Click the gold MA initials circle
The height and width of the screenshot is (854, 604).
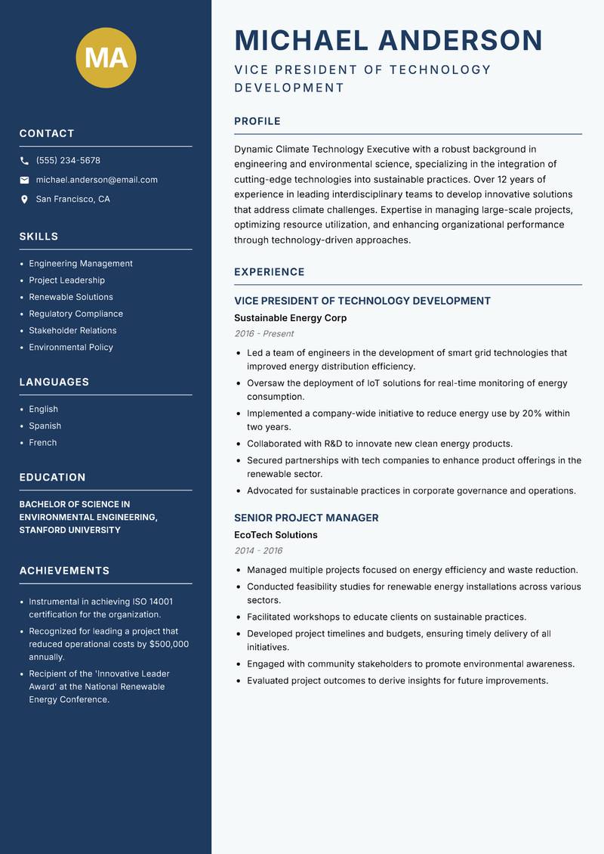[x=106, y=57]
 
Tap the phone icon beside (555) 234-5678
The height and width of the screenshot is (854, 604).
[x=24, y=161]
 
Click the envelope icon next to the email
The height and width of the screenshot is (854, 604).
[x=24, y=180]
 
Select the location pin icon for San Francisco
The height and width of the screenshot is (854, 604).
[x=24, y=200]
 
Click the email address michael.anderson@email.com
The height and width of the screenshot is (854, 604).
[x=97, y=180]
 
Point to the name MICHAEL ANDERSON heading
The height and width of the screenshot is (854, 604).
[x=388, y=40]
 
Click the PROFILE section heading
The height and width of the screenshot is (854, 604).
[x=257, y=121]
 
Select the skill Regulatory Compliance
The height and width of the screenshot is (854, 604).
[x=75, y=314]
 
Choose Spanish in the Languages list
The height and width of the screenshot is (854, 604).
[x=45, y=425]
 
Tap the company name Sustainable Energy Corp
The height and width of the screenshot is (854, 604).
[x=290, y=318]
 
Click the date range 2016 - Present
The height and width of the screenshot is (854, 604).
[x=263, y=334]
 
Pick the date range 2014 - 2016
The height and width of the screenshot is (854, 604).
[x=257, y=551]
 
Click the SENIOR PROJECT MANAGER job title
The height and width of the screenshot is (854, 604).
[x=306, y=518]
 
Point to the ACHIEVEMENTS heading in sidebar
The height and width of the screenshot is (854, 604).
[x=64, y=571]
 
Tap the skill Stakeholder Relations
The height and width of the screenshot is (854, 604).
[x=72, y=330]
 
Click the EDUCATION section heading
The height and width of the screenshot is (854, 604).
[x=52, y=477]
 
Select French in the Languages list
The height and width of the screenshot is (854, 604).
[x=42, y=442]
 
